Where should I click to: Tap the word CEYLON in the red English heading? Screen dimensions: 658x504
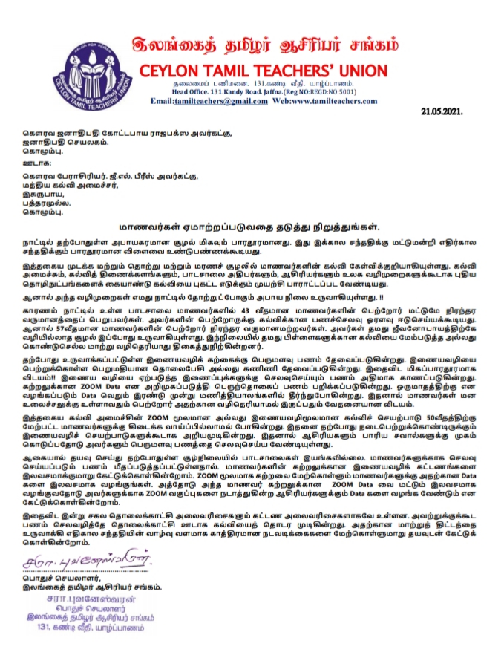point(167,71)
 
